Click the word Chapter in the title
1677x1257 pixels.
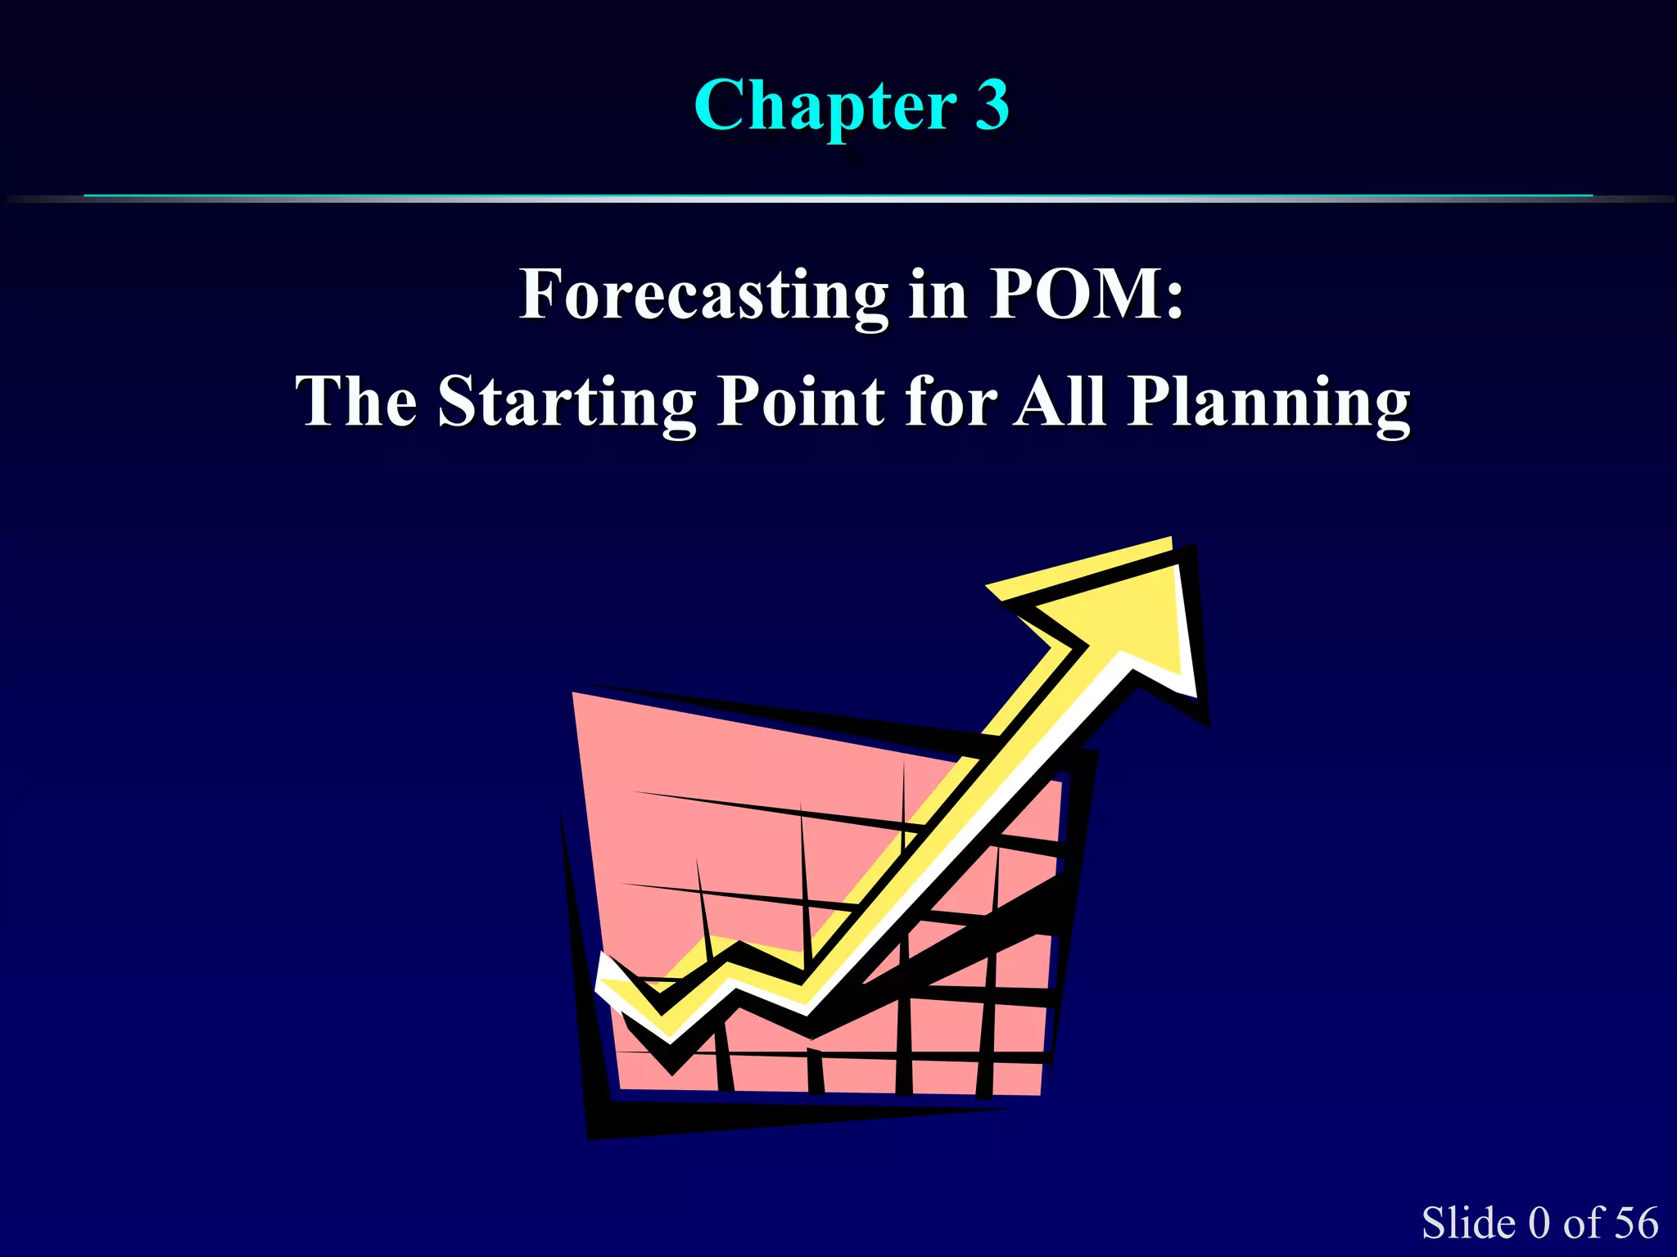click(825, 106)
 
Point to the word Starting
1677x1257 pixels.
click(567, 403)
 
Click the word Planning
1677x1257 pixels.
click(1268, 403)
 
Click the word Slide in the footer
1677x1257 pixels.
click(1468, 1223)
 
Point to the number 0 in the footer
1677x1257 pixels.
click(1539, 1223)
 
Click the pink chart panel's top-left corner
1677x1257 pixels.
click(576, 696)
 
